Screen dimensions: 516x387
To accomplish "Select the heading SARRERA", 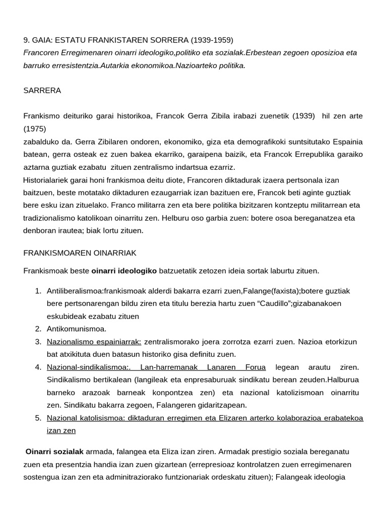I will [x=42, y=91].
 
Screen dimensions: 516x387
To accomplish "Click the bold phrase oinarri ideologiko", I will [x=124, y=271].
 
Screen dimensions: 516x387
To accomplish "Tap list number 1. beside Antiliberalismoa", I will [x=38, y=291].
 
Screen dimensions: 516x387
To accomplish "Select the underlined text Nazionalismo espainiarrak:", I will [x=94, y=342].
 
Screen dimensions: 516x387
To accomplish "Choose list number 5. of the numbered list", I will [x=38, y=418].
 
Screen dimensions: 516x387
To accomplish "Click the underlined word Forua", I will [x=255, y=367].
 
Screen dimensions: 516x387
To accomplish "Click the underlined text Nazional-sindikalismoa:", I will [x=85, y=367].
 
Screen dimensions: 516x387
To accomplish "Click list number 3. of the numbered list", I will [x=38, y=342].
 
